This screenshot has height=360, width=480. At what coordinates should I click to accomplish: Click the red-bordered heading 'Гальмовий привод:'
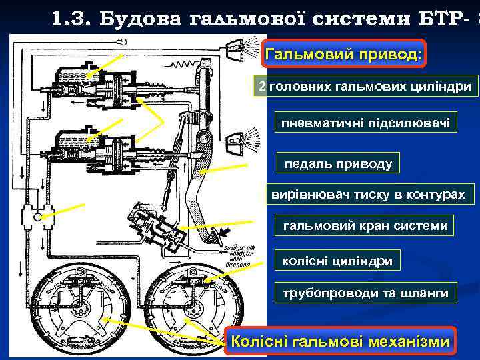tap(344, 53)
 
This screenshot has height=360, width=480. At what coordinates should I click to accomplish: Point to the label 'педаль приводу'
tap(338, 163)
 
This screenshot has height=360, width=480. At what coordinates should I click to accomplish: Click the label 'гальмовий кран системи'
tap(365, 226)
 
